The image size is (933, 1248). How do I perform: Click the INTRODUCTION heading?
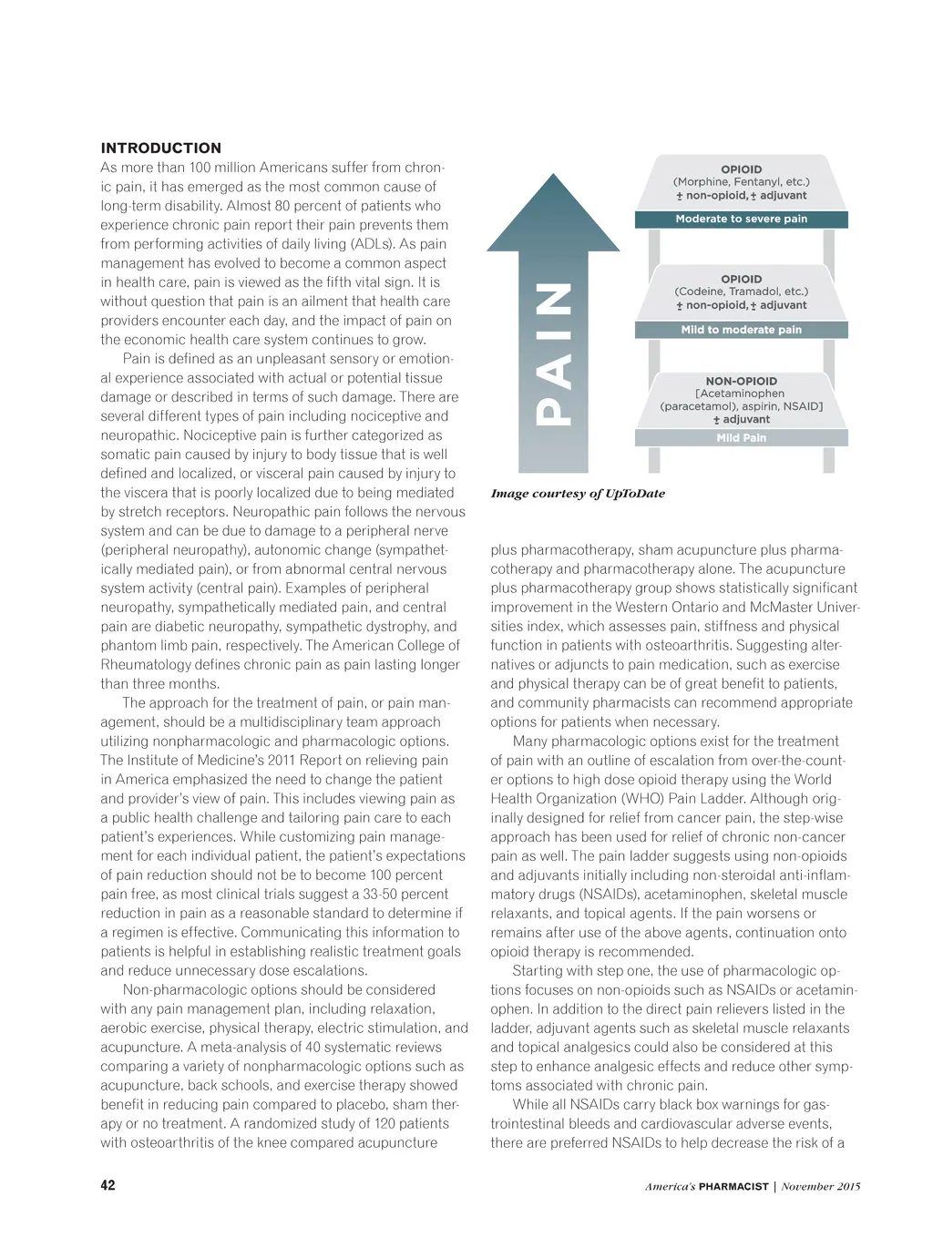click(160, 148)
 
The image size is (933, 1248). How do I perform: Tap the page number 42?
click(108, 1185)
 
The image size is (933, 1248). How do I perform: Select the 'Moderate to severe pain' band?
click(741, 219)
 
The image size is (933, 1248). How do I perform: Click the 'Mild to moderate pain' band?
click(741, 330)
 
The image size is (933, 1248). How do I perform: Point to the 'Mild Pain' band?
click(741, 438)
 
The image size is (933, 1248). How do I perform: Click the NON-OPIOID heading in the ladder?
click(741, 381)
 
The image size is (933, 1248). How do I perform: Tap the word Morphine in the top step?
click(702, 182)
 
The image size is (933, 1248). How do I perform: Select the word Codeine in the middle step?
click(701, 292)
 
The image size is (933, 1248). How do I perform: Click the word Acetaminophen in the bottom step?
click(743, 394)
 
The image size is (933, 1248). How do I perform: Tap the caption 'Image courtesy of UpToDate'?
click(578, 494)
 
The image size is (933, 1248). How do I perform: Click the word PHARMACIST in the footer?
click(733, 1186)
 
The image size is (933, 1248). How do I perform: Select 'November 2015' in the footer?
click(820, 1186)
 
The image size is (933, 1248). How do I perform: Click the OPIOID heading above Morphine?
click(741, 169)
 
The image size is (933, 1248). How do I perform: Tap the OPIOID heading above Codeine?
click(741, 279)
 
